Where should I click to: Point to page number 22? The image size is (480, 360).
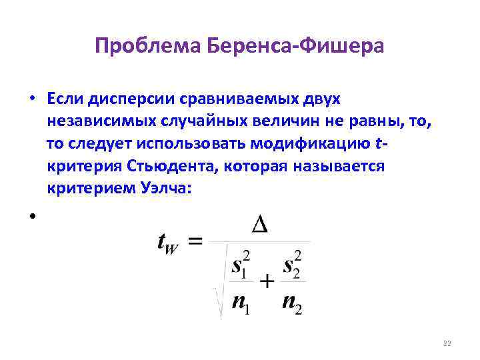click(447, 343)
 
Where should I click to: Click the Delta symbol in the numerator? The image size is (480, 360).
click(260, 225)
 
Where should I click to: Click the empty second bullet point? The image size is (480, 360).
click(32, 215)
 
